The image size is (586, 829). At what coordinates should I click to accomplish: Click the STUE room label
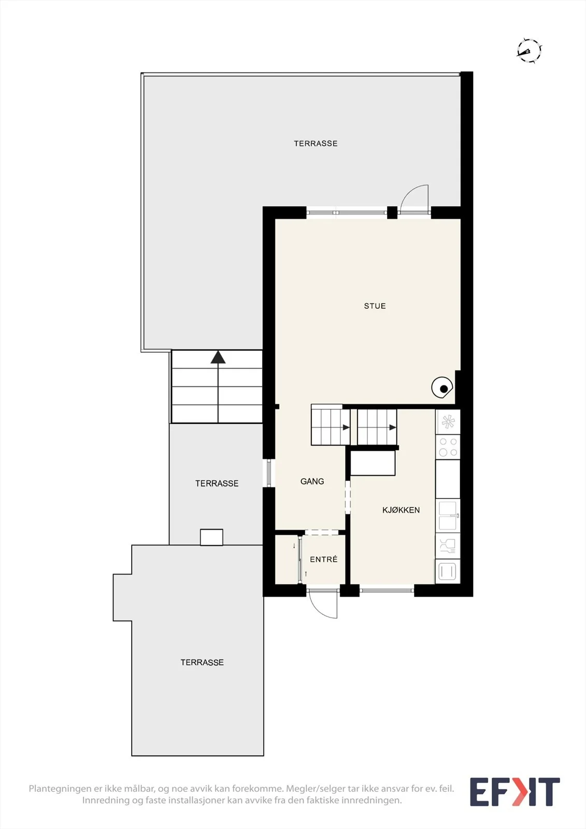tap(375, 306)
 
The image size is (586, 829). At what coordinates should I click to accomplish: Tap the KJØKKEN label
tap(401, 510)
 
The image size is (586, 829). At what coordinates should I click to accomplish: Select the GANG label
tap(312, 481)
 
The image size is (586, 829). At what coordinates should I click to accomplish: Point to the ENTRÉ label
tap(323, 559)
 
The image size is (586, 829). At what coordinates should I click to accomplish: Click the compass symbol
tap(529, 50)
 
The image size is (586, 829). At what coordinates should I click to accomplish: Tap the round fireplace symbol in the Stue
tap(442, 388)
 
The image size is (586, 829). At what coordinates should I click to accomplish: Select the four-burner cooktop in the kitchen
tap(448, 447)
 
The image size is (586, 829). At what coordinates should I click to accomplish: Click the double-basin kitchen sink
tap(448, 516)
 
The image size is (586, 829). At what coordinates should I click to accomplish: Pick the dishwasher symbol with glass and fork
tap(448, 546)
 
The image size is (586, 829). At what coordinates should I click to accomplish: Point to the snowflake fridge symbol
tap(448, 422)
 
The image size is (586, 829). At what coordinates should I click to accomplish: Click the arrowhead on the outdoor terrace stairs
tap(218, 357)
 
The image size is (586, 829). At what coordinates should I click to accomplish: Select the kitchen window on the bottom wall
tap(387, 590)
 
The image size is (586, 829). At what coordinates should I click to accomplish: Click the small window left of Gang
tap(269, 474)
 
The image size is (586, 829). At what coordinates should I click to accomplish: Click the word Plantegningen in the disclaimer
tap(60, 789)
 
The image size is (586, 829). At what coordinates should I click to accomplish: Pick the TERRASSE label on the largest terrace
tap(316, 144)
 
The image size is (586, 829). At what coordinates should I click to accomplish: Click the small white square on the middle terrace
tap(211, 537)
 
